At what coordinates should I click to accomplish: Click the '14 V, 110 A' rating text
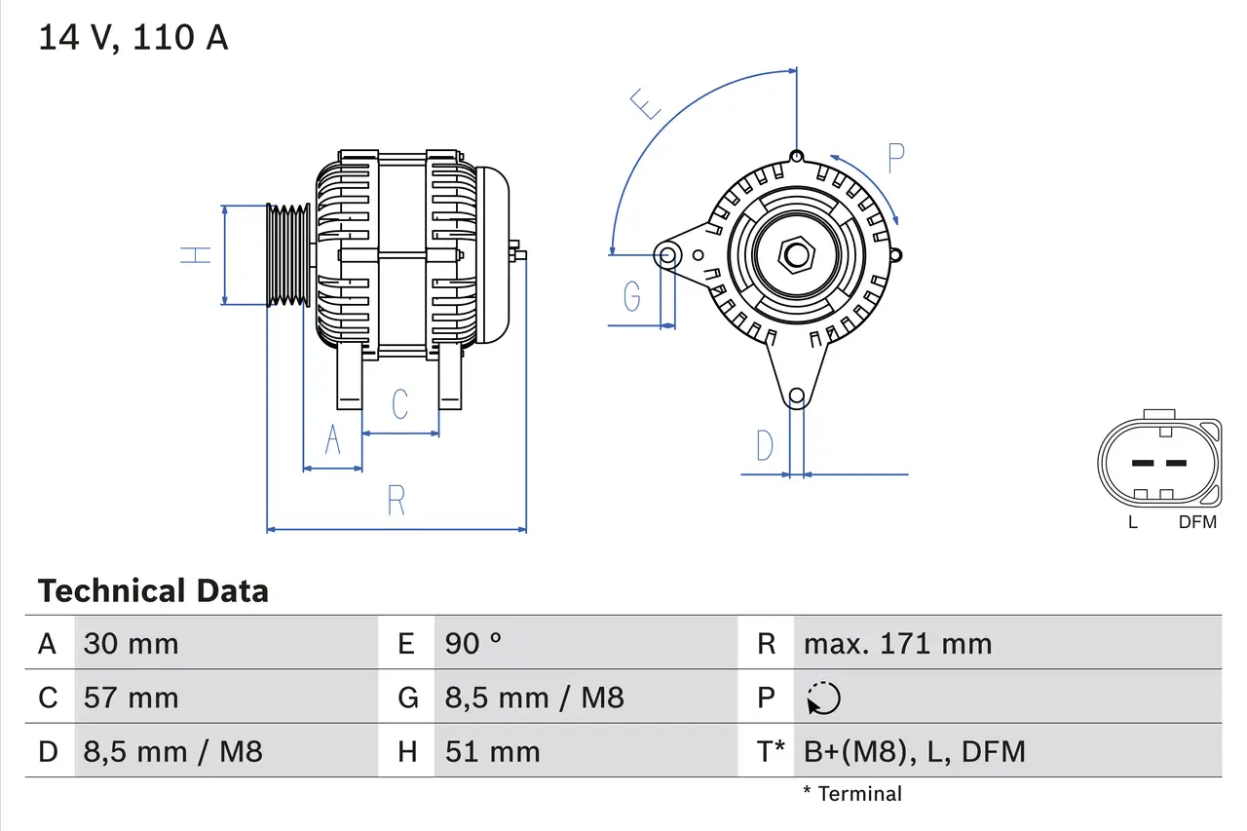[x=133, y=38]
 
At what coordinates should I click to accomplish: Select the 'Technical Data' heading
[x=153, y=591]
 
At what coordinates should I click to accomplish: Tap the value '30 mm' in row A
[x=131, y=644]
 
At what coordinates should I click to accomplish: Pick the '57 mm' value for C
[x=131, y=698]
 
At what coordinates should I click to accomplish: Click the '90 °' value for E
[x=473, y=644]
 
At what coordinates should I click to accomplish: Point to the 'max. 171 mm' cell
[x=897, y=644]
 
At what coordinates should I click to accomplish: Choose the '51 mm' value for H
[x=492, y=751]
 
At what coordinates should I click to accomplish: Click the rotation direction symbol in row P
[x=823, y=699]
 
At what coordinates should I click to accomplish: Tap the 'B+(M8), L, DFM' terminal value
[x=914, y=751]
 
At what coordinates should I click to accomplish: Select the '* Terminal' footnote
[x=852, y=794]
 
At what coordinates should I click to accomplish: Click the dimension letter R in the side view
[x=396, y=501]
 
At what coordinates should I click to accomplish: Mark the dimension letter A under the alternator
[x=332, y=441]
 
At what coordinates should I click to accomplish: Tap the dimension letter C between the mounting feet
[x=399, y=404]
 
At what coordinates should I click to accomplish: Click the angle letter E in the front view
[x=645, y=102]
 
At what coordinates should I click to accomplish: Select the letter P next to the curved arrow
[x=895, y=157]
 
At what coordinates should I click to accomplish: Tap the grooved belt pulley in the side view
[x=289, y=255]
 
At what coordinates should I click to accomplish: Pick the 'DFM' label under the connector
[x=1197, y=522]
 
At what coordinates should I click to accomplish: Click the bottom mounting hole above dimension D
[x=797, y=396]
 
